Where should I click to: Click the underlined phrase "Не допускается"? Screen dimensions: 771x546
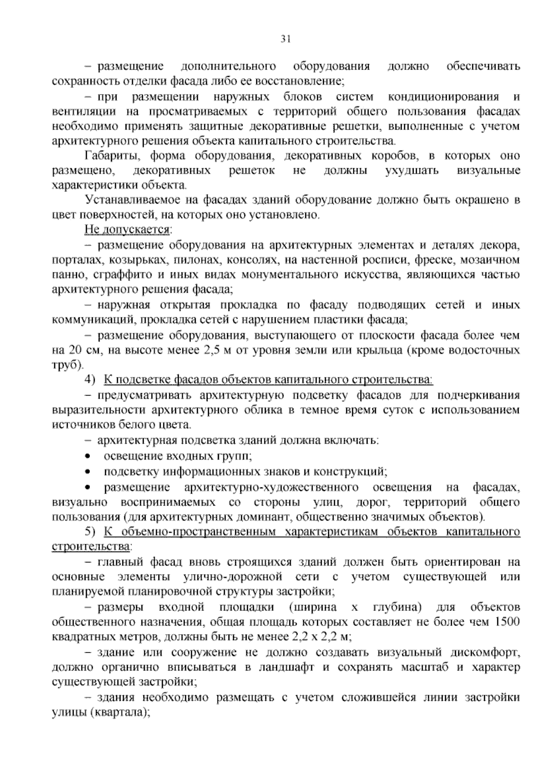coord(127,229)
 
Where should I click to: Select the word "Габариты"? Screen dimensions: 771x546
coord(108,156)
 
